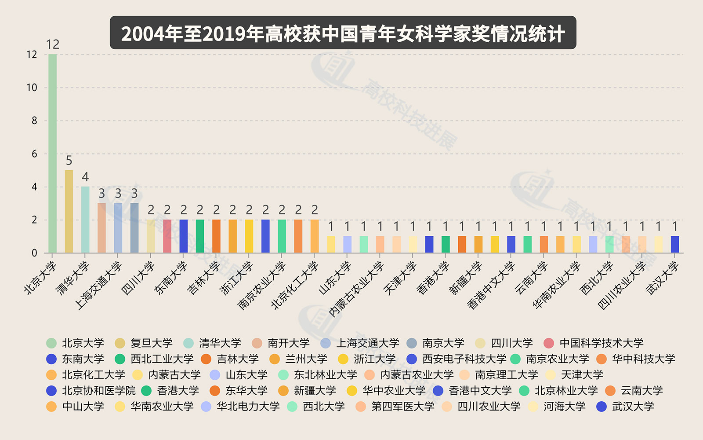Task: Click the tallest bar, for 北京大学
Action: click(x=52, y=154)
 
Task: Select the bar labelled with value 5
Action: click(x=69, y=211)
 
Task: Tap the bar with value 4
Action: click(x=85, y=220)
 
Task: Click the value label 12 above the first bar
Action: click(x=53, y=44)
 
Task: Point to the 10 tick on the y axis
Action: click(x=32, y=88)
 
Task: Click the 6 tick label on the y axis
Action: click(x=34, y=154)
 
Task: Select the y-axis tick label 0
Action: click(x=34, y=253)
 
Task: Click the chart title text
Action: click(x=343, y=33)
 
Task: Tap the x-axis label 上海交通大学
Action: click(x=98, y=286)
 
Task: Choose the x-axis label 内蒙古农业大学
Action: click(x=357, y=289)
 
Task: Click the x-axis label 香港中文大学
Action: click(x=491, y=285)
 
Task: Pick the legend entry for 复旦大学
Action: click(x=151, y=343)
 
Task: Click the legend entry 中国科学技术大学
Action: click(x=601, y=343)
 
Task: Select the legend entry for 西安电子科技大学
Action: click(x=464, y=359)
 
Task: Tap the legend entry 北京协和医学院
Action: click(x=98, y=391)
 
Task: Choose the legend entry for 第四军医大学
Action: click(x=402, y=407)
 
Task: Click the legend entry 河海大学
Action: click(x=564, y=407)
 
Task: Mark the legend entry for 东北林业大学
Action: click(x=325, y=375)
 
